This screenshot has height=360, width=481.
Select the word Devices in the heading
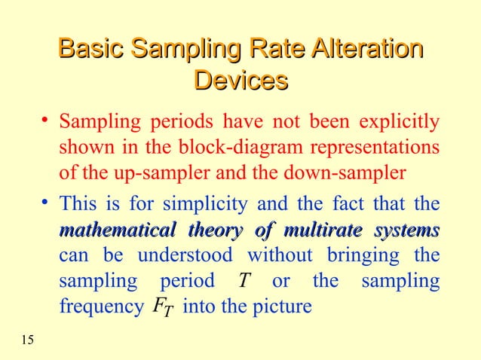coord(241,81)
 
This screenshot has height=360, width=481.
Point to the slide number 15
coord(27,343)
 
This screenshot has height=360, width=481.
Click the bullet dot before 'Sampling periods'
coord(47,119)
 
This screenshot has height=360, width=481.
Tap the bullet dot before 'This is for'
coord(47,202)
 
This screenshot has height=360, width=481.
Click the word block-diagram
coord(219,147)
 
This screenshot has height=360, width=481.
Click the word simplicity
coord(204,204)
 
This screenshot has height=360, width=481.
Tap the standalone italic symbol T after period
coord(243,281)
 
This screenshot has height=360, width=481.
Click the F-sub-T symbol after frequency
coord(161,307)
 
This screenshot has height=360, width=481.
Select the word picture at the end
coord(283,307)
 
